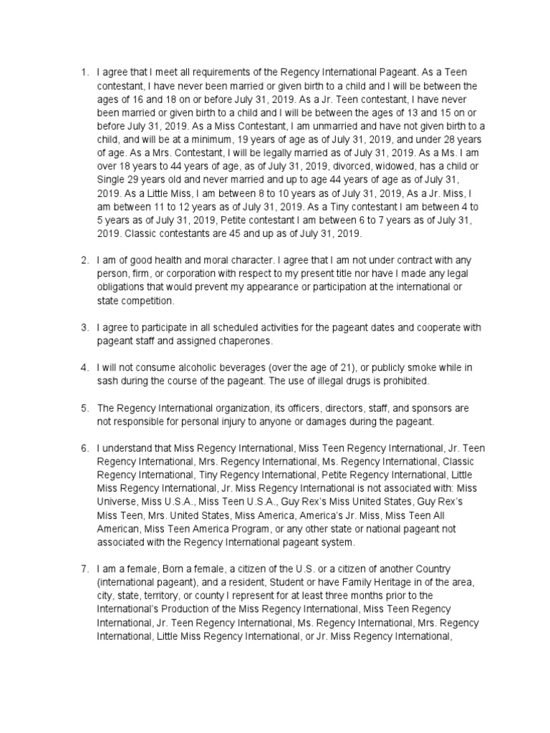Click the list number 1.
84,72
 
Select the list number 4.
84,367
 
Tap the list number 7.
84,569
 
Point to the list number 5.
84,408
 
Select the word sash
109,380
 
